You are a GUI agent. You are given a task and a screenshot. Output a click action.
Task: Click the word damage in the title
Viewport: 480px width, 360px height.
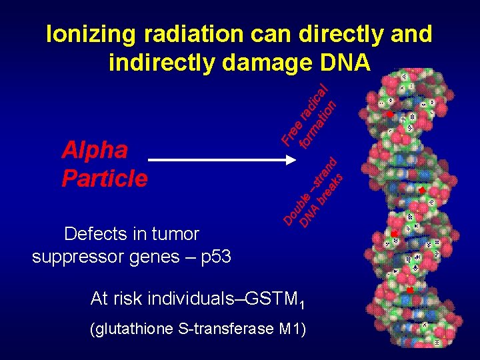[265, 62]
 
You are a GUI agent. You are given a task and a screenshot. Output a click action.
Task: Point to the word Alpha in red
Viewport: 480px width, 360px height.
[94, 151]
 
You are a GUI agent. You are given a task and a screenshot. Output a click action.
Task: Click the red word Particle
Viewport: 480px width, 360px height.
[104, 179]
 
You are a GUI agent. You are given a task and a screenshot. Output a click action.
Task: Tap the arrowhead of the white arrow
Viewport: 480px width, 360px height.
[291, 161]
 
